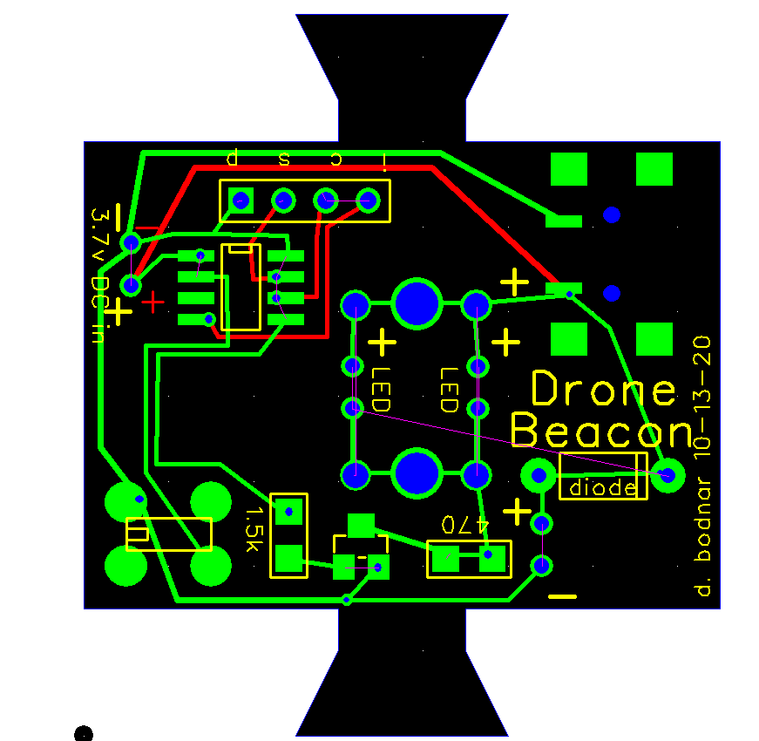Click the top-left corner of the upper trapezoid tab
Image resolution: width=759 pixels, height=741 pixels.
pos(295,15)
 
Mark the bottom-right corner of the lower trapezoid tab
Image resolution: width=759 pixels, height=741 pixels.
pos(508,736)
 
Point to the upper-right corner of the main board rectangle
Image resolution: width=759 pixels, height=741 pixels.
pos(721,142)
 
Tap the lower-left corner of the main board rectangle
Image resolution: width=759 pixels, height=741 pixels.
pos(85,608)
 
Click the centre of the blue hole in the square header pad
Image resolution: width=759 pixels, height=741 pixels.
pos(241,201)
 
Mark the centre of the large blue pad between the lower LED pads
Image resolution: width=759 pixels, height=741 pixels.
pos(417,473)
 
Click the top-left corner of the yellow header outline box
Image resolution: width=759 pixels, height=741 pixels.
pos(220,180)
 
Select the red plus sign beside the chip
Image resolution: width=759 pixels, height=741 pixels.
pos(153,303)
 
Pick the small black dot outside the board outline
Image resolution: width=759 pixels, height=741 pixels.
pos(84,734)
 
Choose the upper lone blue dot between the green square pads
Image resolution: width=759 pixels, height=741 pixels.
pos(612,214)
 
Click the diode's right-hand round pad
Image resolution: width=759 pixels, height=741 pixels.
pos(668,475)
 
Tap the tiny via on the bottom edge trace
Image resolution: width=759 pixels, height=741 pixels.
pos(347,601)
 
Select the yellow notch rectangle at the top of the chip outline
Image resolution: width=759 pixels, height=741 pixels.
pos(241,249)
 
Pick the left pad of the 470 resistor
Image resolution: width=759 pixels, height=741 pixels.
pos(446,559)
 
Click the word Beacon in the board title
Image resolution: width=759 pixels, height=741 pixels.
pos(603,431)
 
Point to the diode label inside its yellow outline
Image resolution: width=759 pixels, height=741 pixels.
pos(603,487)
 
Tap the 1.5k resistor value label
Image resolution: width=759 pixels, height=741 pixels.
pos(253,529)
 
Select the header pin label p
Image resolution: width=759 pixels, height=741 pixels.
pos(233,157)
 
